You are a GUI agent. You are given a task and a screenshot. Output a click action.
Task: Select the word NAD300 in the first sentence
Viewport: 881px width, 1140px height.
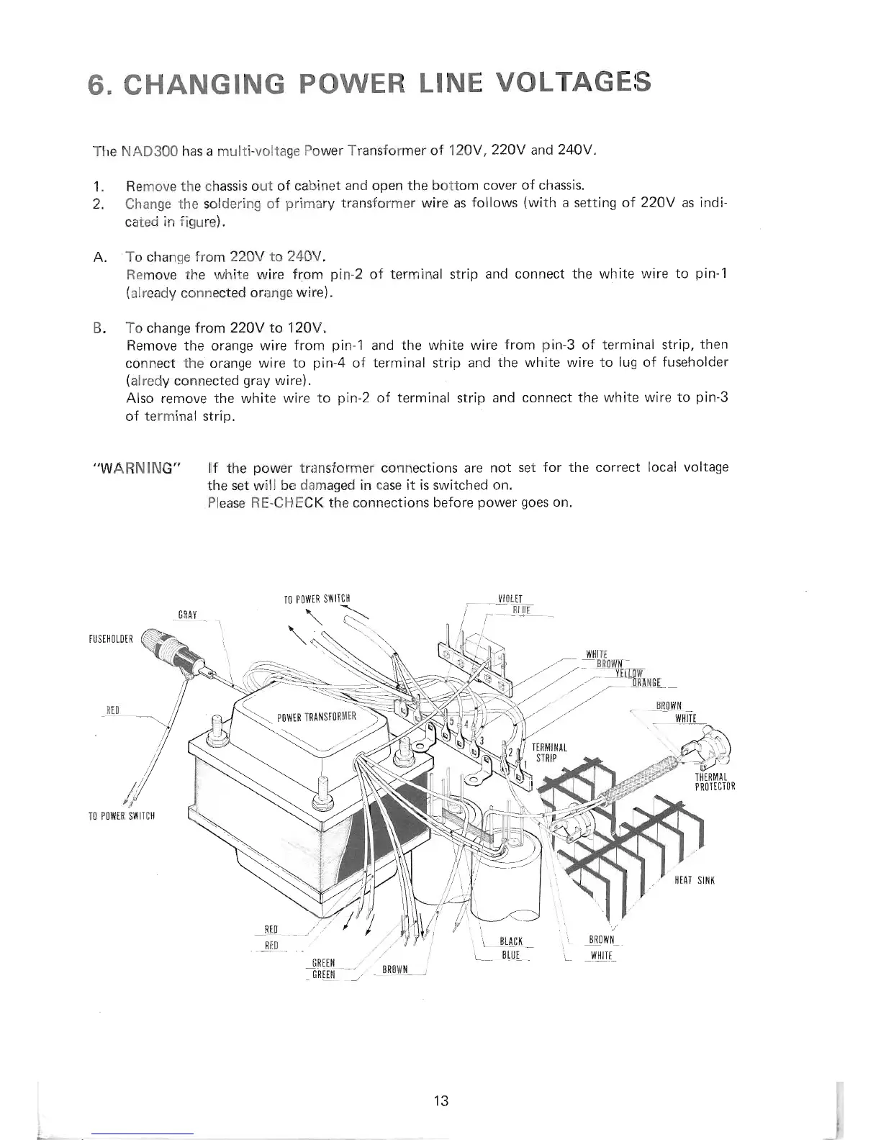point(148,152)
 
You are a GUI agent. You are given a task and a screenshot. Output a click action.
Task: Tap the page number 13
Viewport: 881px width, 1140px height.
point(441,1100)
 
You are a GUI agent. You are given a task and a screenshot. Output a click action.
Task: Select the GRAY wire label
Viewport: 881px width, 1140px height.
point(187,615)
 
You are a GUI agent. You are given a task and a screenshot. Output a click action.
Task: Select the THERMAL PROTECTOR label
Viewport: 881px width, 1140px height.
point(714,781)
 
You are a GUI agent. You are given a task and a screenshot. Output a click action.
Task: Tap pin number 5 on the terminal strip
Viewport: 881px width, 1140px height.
point(451,722)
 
